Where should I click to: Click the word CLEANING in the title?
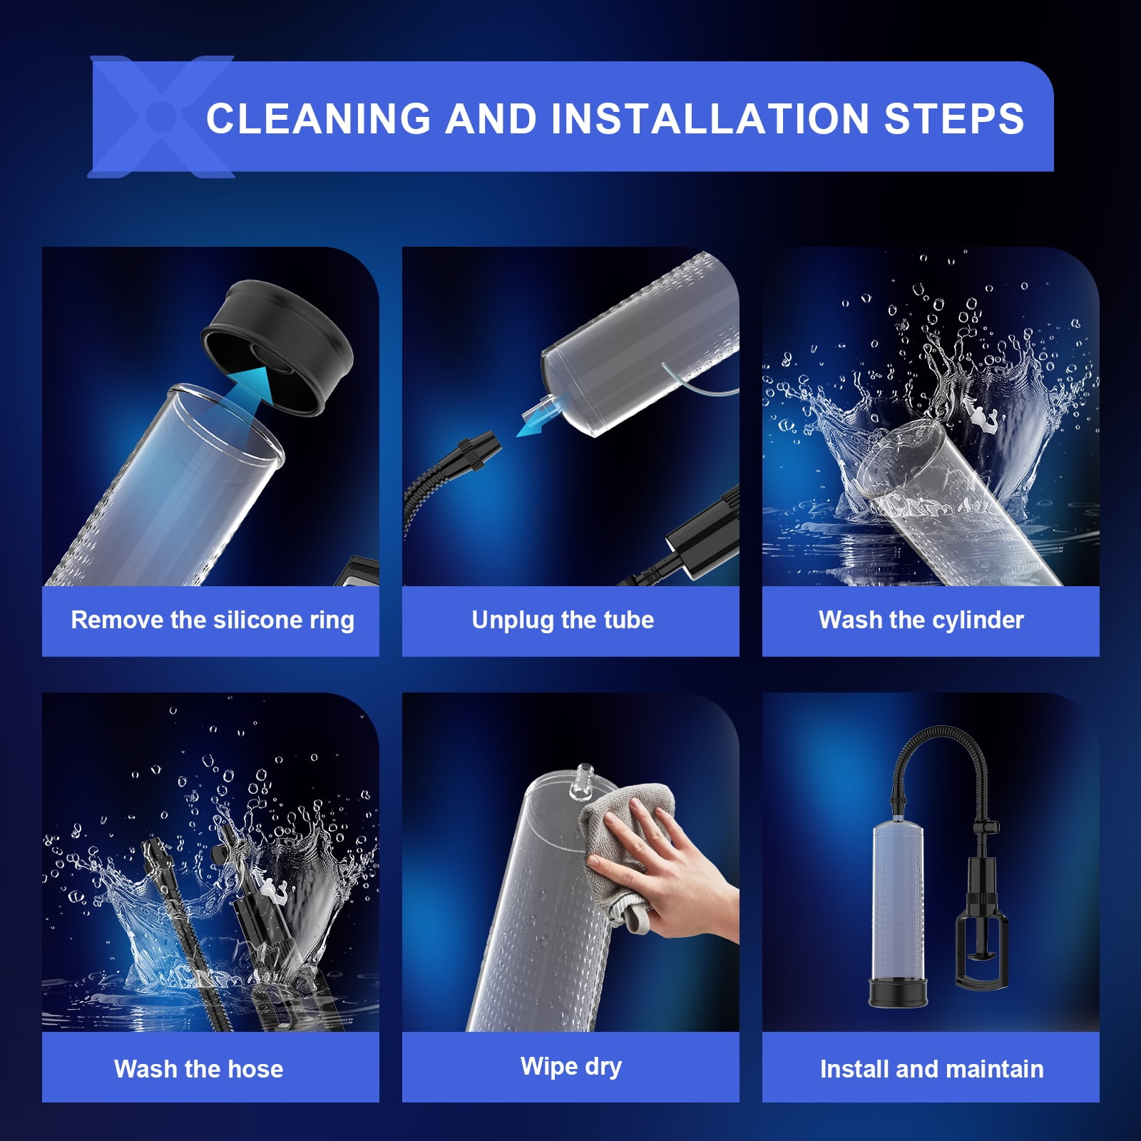[x=319, y=118]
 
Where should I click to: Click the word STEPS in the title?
[x=954, y=118]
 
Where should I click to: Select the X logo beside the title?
[x=161, y=116]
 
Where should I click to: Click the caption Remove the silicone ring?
[x=213, y=620]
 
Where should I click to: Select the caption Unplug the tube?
[x=563, y=620]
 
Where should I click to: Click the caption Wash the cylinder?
[x=921, y=620]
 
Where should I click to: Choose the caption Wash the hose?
[x=199, y=1069]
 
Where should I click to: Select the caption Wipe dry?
[x=571, y=1067]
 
